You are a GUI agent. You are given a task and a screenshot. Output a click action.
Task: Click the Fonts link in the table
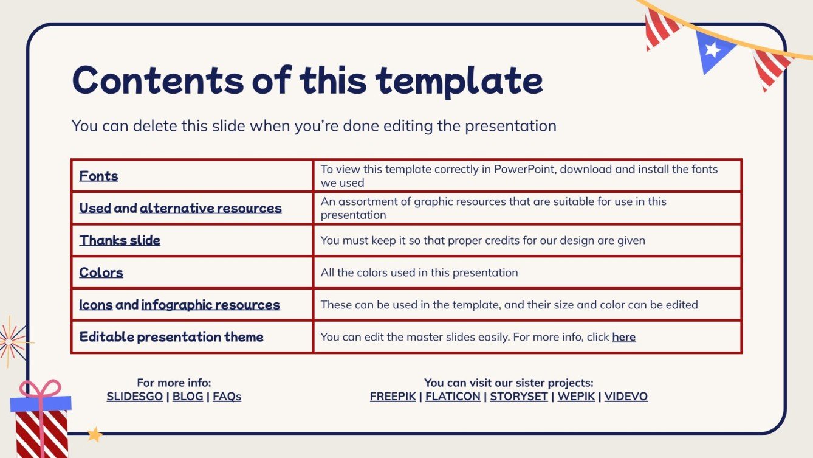tap(98, 176)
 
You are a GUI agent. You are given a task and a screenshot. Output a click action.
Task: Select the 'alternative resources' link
tap(210, 208)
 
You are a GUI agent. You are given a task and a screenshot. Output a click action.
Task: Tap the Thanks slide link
tap(120, 240)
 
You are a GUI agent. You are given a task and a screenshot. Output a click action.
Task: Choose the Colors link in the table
tap(101, 272)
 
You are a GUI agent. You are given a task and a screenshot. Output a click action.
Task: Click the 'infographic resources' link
tap(210, 305)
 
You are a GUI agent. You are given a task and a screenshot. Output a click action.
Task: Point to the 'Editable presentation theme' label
tap(171, 337)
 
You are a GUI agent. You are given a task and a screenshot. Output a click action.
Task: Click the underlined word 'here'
tap(623, 337)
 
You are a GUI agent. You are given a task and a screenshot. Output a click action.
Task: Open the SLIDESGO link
tap(134, 397)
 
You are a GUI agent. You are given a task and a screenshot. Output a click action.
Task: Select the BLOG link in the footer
tap(187, 397)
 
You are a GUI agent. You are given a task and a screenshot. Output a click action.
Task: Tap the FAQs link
tap(227, 397)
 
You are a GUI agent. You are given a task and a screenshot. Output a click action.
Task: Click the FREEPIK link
tap(393, 397)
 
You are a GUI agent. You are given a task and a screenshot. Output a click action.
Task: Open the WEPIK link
tap(576, 397)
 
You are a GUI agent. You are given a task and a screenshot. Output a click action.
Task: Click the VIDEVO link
tap(626, 397)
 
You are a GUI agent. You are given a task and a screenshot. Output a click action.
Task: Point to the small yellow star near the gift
tap(95, 434)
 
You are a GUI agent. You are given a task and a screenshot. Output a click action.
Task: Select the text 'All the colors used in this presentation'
tap(419, 272)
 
